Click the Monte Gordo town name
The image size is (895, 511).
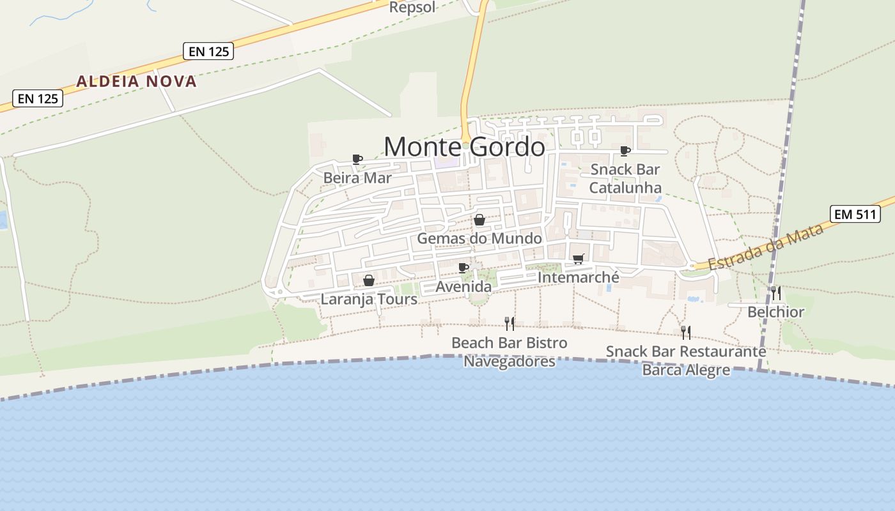click(x=464, y=147)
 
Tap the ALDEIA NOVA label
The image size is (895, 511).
click(x=136, y=82)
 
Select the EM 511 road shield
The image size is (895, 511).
click(x=855, y=214)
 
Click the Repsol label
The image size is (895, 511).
click(x=412, y=8)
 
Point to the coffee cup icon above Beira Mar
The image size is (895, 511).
click(x=357, y=159)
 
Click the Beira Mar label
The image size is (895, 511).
click(x=357, y=178)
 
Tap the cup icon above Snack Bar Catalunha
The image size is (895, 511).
click(x=625, y=151)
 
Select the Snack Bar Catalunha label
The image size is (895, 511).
click(x=625, y=178)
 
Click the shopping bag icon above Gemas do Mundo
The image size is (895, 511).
click(x=479, y=220)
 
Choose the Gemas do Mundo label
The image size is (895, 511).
click(x=479, y=238)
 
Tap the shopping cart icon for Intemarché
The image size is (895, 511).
click(x=579, y=259)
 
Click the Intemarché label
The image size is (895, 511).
click(x=579, y=277)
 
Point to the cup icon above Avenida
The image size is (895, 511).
click(x=463, y=268)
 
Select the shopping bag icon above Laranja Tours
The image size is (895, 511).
click(x=369, y=280)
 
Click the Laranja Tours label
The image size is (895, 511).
click(x=369, y=299)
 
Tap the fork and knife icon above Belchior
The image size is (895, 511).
click(x=775, y=293)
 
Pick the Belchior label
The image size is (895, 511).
click(x=775, y=312)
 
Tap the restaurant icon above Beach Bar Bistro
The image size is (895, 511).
click(x=510, y=324)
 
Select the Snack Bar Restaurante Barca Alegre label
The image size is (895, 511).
click(x=686, y=360)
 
